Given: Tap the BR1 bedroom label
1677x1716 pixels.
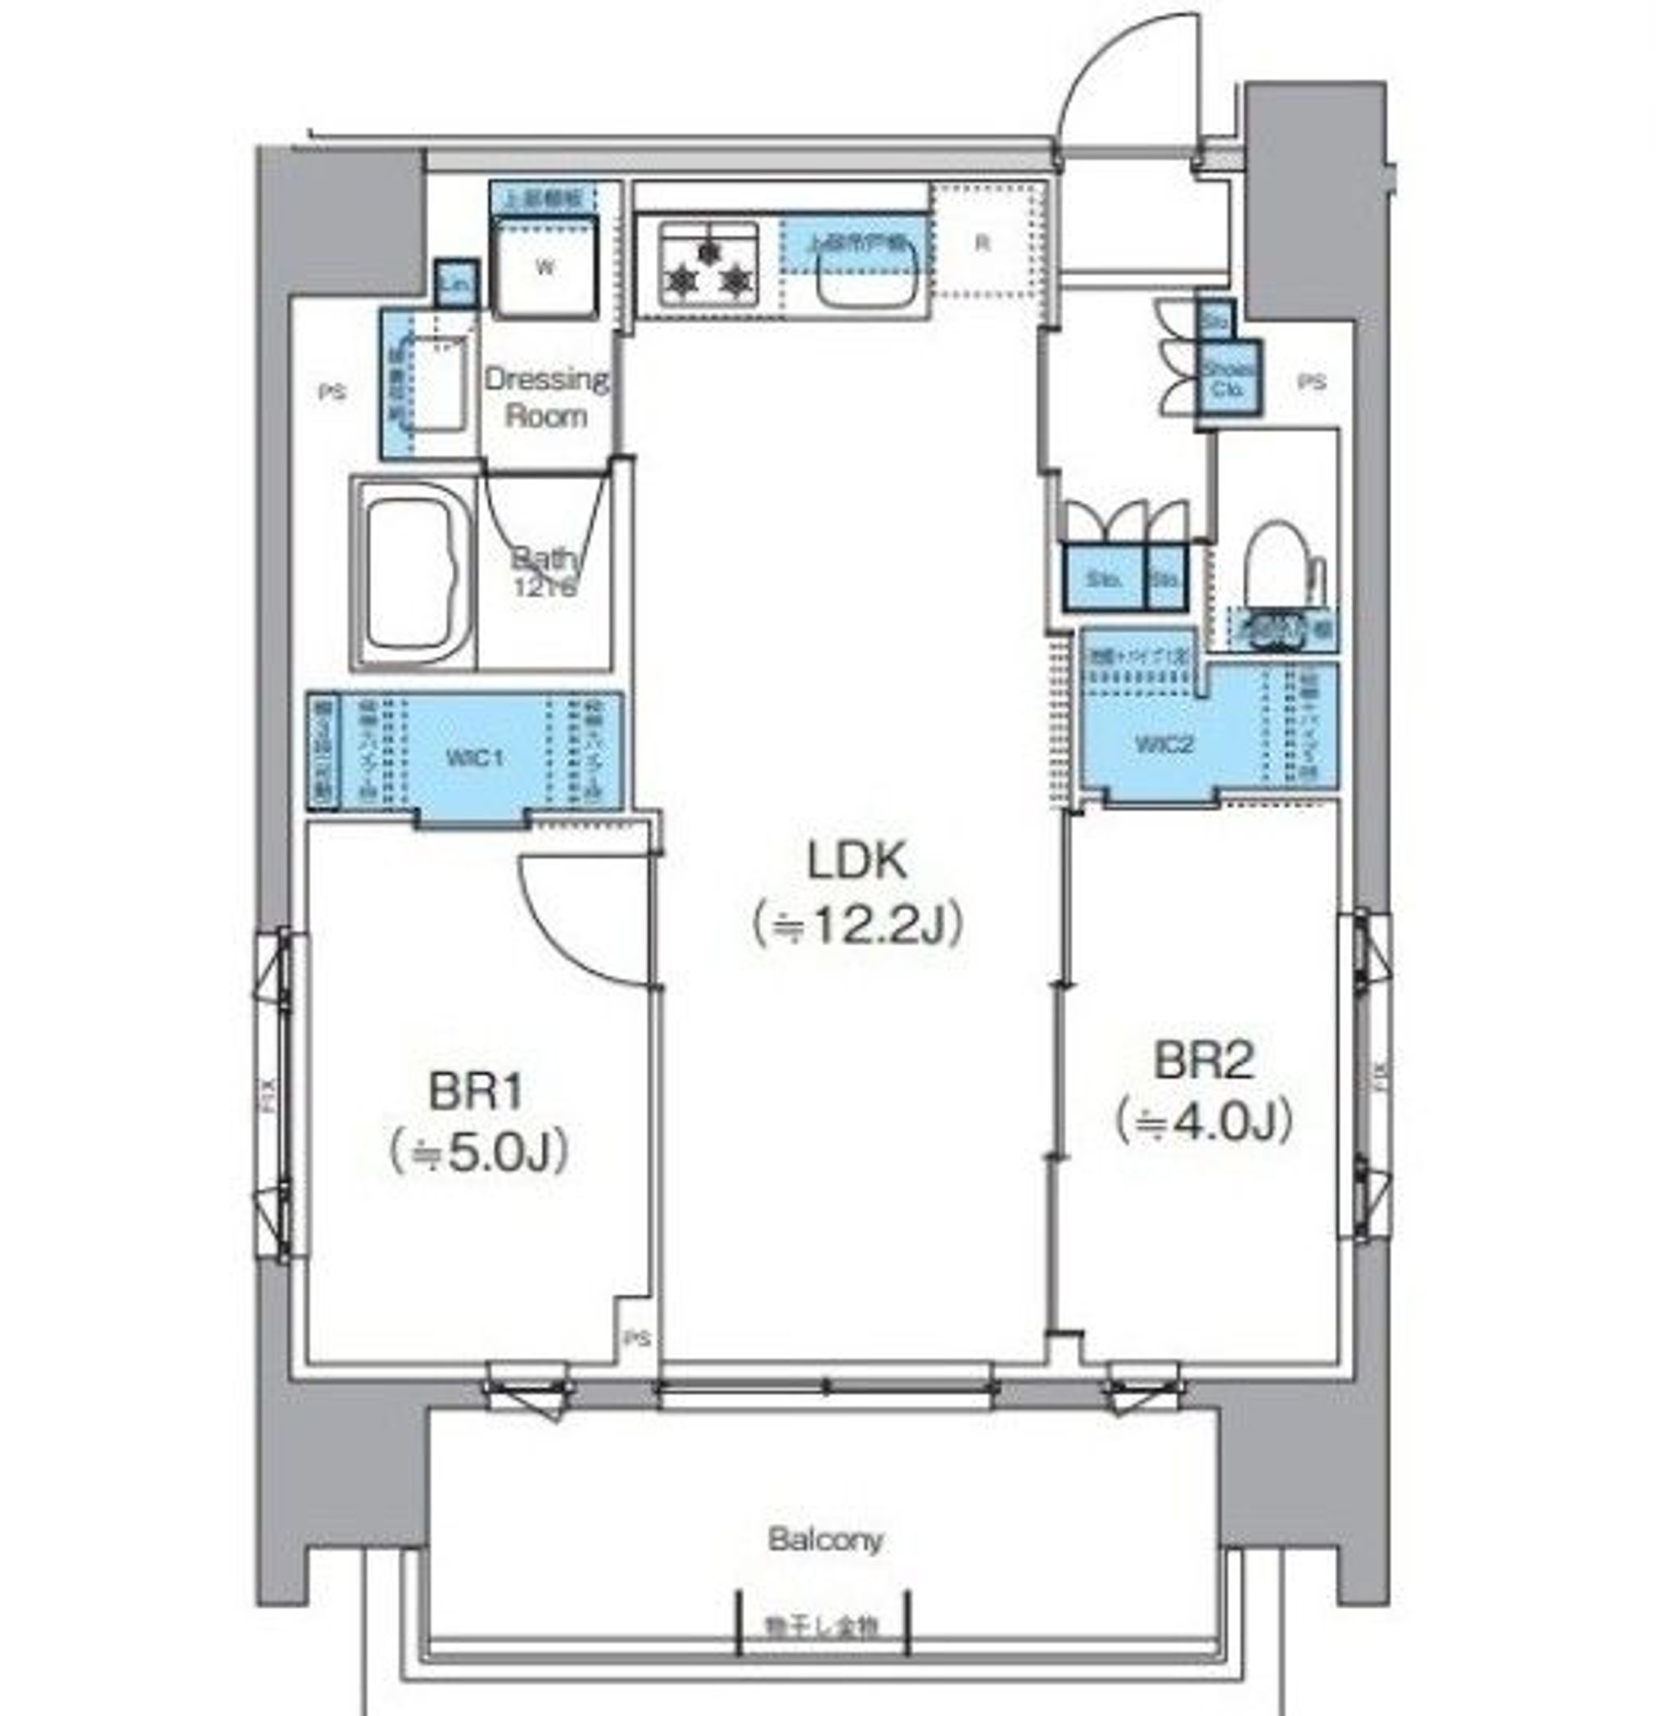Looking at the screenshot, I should click(x=476, y=1093).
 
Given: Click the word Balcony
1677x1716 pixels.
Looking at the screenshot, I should click(x=825, y=1540).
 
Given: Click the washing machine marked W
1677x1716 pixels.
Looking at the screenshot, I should click(x=545, y=268).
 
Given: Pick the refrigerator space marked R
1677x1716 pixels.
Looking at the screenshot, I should click(x=982, y=243).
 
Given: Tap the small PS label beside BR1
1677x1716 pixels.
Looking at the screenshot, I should click(x=637, y=1339).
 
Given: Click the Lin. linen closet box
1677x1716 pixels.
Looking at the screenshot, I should click(x=457, y=283).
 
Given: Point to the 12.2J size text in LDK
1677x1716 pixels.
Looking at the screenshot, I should click(x=857, y=925).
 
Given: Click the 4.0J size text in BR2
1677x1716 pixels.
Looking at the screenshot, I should click(x=1203, y=1121).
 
